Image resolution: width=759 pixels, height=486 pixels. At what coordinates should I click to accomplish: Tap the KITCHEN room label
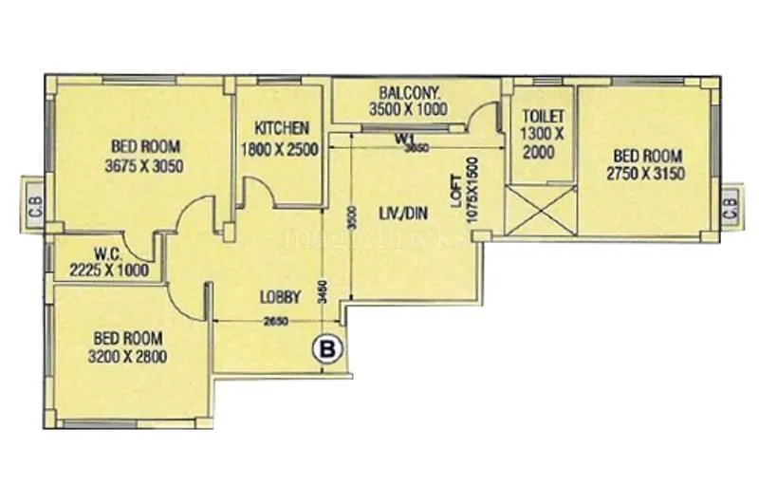282,128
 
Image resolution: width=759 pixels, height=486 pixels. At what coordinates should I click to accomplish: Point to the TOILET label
543,115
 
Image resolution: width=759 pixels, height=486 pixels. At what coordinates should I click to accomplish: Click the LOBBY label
280,297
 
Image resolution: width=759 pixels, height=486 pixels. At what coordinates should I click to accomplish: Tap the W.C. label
105,254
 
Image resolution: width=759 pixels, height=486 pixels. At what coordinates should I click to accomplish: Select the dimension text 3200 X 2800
129,357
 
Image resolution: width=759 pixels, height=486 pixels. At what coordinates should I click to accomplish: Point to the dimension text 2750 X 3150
645,174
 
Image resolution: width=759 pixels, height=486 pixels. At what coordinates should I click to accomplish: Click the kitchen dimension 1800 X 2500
282,149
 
